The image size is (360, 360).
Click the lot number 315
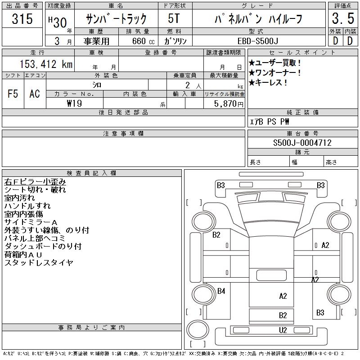[x=22, y=19]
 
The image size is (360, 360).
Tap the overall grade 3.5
[x=342, y=19]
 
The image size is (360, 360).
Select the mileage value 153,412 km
[x=45, y=64]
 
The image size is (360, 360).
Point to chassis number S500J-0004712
[x=302, y=143]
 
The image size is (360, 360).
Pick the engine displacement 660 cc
[x=138, y=41]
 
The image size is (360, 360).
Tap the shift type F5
[x=13, y=94]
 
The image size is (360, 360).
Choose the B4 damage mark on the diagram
[x=221, y=291]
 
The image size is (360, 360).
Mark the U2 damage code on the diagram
[x=283, y=330]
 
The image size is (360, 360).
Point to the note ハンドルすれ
[x=27, y=206]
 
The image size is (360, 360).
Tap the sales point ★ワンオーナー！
[x=275, y=73]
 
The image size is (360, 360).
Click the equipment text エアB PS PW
[x=270, y=121]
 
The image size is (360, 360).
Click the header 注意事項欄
[x=123, y=134]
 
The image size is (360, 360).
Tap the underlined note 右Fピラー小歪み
[x=35, y=182]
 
